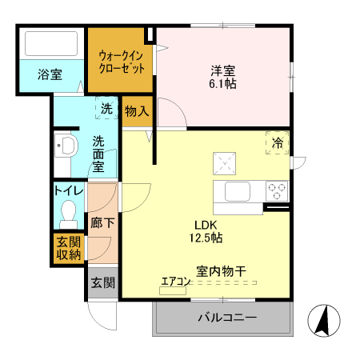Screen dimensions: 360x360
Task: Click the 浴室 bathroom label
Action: (x=50, y=75)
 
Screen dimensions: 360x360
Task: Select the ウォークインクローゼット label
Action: (x=119, y=62)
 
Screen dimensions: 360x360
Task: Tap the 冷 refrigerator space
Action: (x=277, y=142)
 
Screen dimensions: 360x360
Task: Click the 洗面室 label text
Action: (x=98, y=154)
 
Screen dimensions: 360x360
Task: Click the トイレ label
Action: (x=68, y=190)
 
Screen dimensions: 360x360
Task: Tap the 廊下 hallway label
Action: (x=102, y=223)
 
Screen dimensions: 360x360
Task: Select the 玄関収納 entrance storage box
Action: (x=68, y=249)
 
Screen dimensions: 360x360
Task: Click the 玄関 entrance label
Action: (x=102, y=282)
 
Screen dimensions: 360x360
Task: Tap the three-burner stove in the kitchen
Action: (x=277, y=191)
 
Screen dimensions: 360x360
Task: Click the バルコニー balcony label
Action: (x=227, y=318)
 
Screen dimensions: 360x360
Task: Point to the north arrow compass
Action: (x=325, y=322)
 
